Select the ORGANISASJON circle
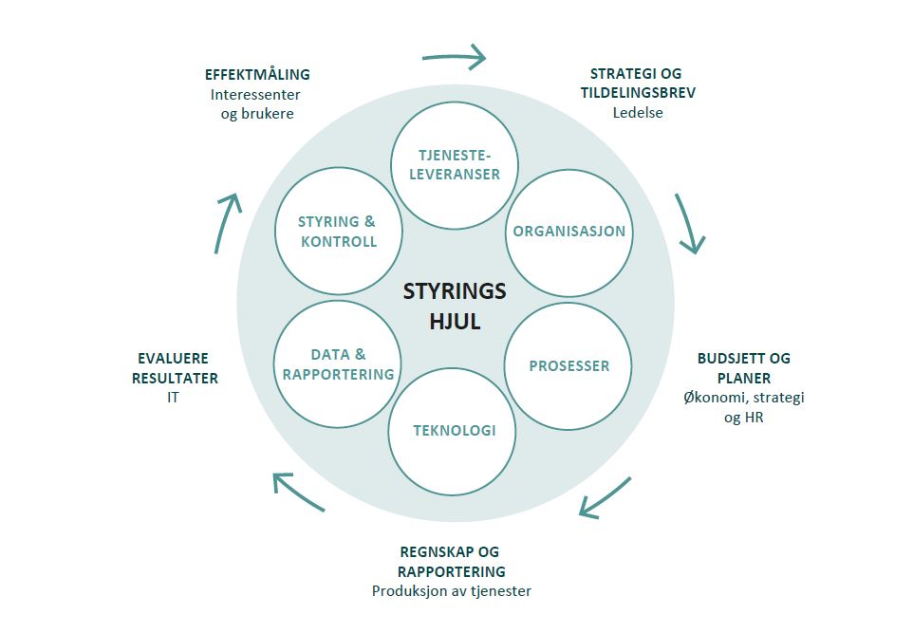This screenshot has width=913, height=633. [x=568, y=232]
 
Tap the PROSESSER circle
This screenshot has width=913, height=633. [x=568, y=365]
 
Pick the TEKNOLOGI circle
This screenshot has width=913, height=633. [x=454, y=431]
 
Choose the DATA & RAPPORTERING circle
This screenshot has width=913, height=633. [x=338, y=364]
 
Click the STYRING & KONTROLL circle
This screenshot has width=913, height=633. [x=338, y=232]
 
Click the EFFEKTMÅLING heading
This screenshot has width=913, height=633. [x=257, y=74]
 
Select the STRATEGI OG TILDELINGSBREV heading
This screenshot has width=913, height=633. [x=637, y=84]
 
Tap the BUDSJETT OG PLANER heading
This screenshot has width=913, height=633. [x=744, y=368]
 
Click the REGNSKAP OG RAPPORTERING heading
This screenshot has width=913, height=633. [x=450, y=562]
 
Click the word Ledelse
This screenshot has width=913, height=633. [x=637, y=113]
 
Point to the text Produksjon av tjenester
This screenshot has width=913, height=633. [x=451, y=591]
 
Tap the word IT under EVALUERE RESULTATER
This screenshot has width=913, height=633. [x=173, y=398]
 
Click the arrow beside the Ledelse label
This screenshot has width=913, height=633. [x=691, y=224]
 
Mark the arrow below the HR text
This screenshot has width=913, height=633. [x=605, y=499]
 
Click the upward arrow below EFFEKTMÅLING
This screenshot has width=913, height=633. [x=227, y=222]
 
